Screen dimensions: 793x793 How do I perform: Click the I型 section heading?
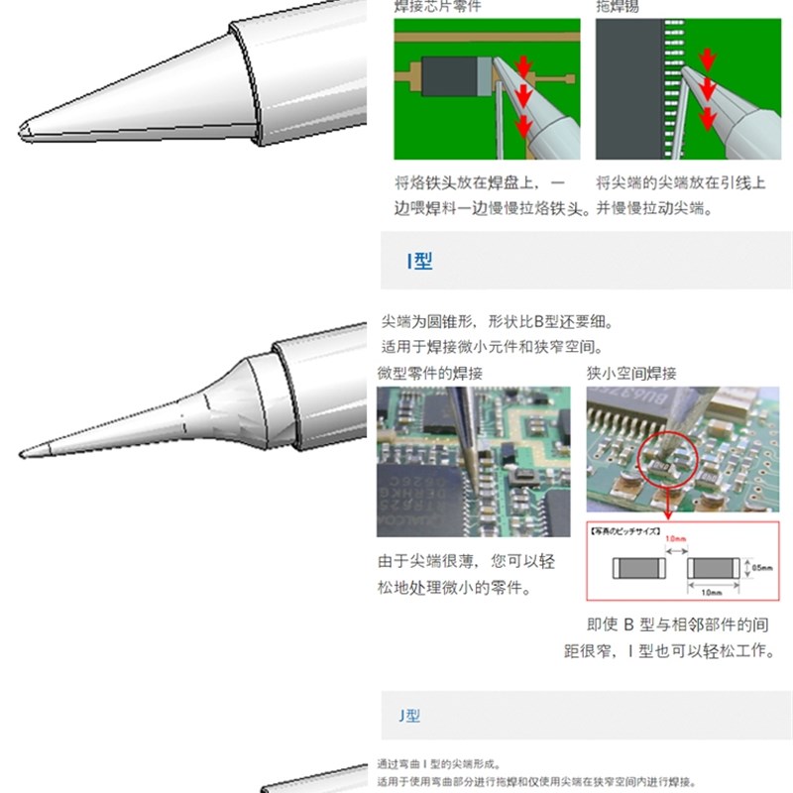(x=420, y=262)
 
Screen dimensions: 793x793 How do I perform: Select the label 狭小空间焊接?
(x=631, y=374)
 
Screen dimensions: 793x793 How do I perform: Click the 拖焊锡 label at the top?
(x=617, y=6)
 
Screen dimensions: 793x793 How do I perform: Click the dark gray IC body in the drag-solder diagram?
(x=626, y=84)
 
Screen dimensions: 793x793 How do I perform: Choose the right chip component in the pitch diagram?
(x=713, y=569)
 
